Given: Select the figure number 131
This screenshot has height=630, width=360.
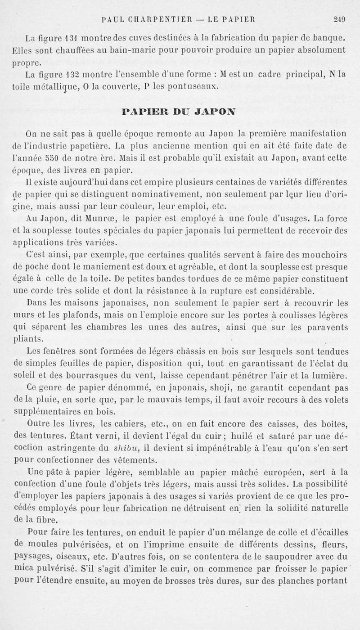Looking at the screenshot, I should click(x=65, y=36).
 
